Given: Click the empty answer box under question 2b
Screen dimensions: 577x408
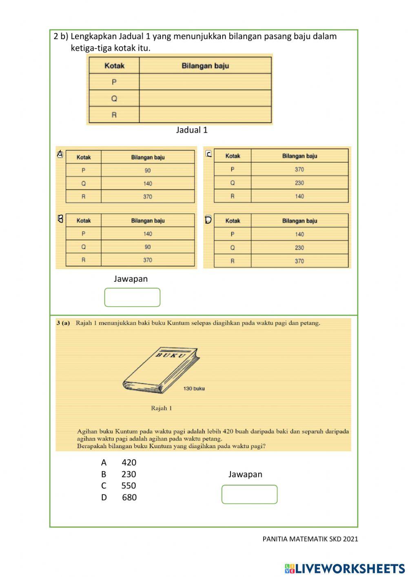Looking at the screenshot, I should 132,297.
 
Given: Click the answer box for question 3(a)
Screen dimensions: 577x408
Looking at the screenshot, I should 249,494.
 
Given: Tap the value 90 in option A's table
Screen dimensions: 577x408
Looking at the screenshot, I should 147,170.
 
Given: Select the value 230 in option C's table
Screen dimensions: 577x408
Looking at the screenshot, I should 299,183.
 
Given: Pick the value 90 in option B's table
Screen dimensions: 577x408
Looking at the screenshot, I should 147,247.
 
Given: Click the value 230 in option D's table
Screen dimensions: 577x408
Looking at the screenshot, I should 299,248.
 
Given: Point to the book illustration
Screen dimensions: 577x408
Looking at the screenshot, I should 161,370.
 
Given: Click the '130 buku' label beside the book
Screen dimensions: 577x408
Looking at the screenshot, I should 194,388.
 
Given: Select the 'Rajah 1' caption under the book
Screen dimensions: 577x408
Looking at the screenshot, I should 161,408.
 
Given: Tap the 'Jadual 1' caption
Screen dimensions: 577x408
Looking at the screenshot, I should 192,130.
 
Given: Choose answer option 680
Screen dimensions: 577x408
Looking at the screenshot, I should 129,497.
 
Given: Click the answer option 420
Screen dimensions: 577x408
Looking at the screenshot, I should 129,462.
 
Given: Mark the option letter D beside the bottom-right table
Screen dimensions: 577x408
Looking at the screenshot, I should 208,220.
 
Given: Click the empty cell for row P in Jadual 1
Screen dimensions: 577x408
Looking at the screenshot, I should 205,82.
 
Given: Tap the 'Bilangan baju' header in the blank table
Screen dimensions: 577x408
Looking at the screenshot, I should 205,66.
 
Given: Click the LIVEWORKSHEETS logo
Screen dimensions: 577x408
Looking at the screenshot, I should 345,568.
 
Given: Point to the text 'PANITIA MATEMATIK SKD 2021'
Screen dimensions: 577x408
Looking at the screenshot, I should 310,539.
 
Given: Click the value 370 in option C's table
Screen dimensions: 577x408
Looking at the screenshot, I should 299,169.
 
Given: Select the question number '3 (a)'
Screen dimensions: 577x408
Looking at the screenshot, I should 63,323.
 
